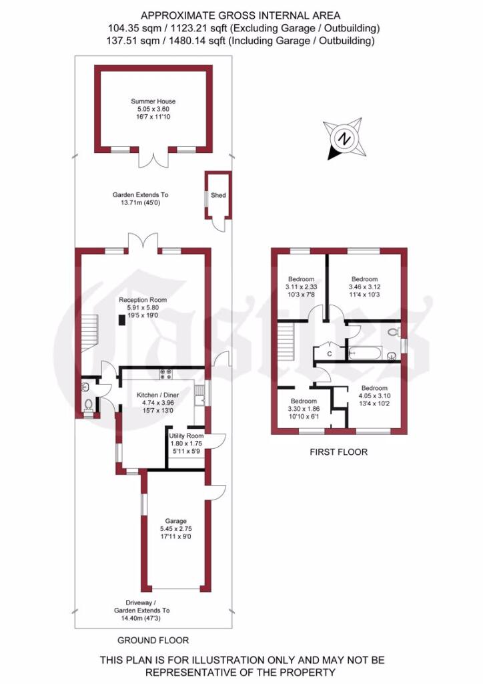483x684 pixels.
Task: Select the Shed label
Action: pos(218,196)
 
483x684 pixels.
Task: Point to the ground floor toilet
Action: pos(89,404)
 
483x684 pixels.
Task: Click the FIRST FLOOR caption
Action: pos(338,452)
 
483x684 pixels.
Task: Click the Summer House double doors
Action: pos(153,159)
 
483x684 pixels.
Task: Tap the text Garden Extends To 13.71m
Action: pos(140,199)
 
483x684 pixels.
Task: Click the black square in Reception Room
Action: pos(122,320)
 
